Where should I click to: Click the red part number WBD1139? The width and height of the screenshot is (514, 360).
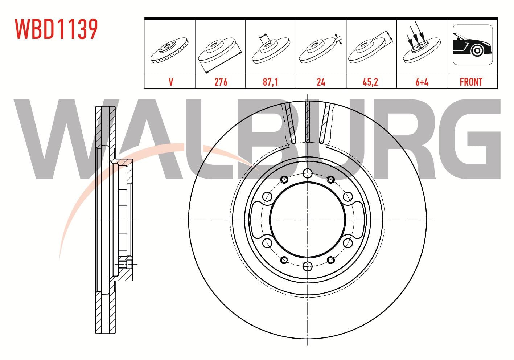click(x=57, y=29)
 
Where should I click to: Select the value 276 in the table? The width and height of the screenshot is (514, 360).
click(x=221, y=82)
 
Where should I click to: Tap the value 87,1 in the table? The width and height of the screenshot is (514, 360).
click(x=271, y=82)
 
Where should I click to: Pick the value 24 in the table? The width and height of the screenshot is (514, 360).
click(x=321, y=82)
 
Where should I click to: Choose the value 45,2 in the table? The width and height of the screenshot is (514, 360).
click(x=370, y=82)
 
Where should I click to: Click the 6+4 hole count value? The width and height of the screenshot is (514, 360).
click(x=422, y=82)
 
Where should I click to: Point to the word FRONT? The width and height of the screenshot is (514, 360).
click(x=471, y=82)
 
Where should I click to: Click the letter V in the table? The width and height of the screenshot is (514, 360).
click(x=171, y=82)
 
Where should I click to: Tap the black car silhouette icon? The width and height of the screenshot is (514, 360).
click(x=472, y=45)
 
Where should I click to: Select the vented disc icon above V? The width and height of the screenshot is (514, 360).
click(x=169, y=50)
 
